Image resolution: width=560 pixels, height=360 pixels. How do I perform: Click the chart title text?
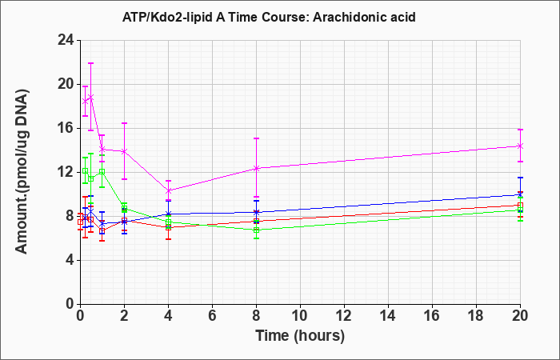click(269, 17)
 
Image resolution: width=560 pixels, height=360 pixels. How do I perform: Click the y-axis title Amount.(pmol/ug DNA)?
click(22, 171)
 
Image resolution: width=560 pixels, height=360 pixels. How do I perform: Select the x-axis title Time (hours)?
click(300, 336)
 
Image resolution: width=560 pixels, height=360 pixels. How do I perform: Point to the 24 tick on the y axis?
click(66, 40)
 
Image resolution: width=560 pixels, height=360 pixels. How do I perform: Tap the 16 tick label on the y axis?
click(66, 128)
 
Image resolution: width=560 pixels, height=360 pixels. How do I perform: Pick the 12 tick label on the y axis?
click(66, 172)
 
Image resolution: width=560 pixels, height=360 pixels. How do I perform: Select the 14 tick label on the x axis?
click(388, 316)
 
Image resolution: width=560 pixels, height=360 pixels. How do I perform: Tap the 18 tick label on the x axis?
click(476, 316)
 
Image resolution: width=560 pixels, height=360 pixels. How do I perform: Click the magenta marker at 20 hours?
click(520, 146)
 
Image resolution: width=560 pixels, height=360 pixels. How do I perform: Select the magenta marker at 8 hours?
click(256, 168)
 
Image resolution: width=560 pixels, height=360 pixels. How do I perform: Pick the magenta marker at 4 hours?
click(168, 190)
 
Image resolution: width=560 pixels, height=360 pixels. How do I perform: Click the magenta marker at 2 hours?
click(124, 151)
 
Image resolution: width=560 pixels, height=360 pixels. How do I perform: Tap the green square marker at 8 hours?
click(256, 230)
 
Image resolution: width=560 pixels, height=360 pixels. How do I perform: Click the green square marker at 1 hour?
click(102, 171)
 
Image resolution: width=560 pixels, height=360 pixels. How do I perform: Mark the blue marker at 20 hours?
click(520, 194)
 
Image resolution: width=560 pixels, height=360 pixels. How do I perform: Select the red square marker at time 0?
click(80, 222)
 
